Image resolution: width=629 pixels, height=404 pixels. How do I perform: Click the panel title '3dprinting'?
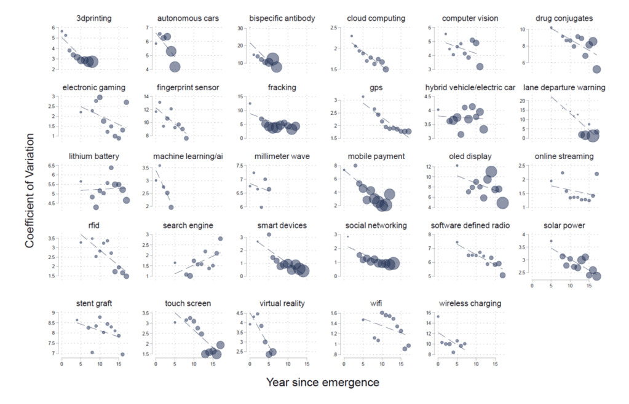click(94, 18)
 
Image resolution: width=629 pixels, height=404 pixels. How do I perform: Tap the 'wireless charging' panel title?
click(470, 303)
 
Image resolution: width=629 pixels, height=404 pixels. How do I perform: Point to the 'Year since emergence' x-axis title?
click(323, 383)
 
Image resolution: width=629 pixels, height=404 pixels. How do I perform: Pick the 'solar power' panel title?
click(564, 226)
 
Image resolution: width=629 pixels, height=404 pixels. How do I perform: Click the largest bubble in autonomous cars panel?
click(175, 67)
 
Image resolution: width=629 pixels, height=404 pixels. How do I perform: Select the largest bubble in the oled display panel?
click(502, 203)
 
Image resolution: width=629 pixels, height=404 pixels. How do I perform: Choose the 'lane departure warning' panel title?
click(564, 88)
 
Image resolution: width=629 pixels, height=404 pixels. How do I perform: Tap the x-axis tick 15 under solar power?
click(589, 286)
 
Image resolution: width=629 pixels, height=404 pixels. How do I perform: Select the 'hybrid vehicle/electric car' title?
click(470, 88)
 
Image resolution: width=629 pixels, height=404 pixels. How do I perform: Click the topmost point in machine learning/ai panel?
click(160, 166)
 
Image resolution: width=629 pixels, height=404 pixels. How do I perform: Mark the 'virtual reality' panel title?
click(282, 303)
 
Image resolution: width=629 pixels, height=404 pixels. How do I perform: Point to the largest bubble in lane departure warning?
click(592, 135)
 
